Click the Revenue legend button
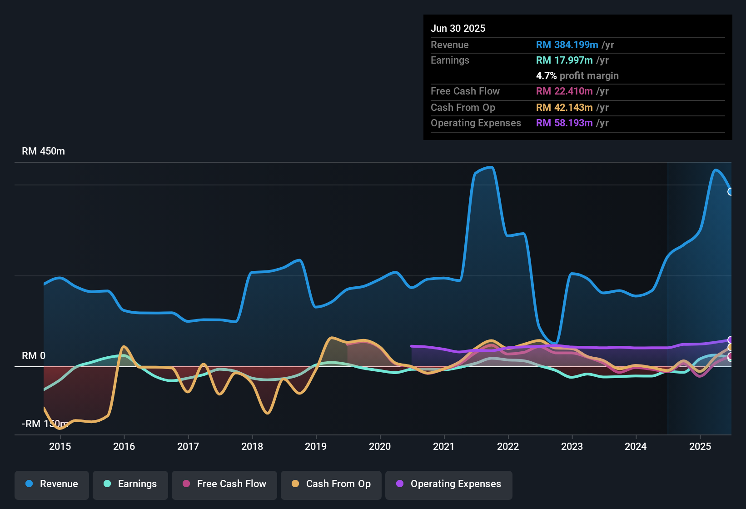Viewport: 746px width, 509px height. pos(52,484)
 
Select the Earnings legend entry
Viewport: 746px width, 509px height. pos(130,484)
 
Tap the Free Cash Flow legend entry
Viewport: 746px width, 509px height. pos(224,484)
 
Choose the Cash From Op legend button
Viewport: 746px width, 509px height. pos(331,484)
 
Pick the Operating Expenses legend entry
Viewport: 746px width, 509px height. pos(449,484)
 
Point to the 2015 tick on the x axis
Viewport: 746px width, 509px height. pos(60,446)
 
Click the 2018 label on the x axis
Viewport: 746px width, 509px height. pos(252,446)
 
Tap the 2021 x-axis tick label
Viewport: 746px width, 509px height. pos(444,446)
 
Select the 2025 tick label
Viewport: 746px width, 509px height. pos(700,446)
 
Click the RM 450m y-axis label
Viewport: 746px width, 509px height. pos(43,151)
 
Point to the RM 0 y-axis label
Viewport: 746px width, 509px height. pos(34,356)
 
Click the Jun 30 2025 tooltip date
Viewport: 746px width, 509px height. pos(458,29)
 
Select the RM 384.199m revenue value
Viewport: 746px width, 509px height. pos(567,45)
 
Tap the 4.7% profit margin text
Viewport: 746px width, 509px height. pos(577,76)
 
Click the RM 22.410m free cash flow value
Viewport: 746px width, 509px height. pos(564,91)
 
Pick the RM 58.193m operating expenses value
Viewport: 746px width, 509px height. pos(564,123)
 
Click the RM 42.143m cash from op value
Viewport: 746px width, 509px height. pos(564,108)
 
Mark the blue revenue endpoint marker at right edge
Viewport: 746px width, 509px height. pos(731,192)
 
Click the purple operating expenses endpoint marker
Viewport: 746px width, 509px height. pos(731,340)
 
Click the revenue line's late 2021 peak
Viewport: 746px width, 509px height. pos(491,168)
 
